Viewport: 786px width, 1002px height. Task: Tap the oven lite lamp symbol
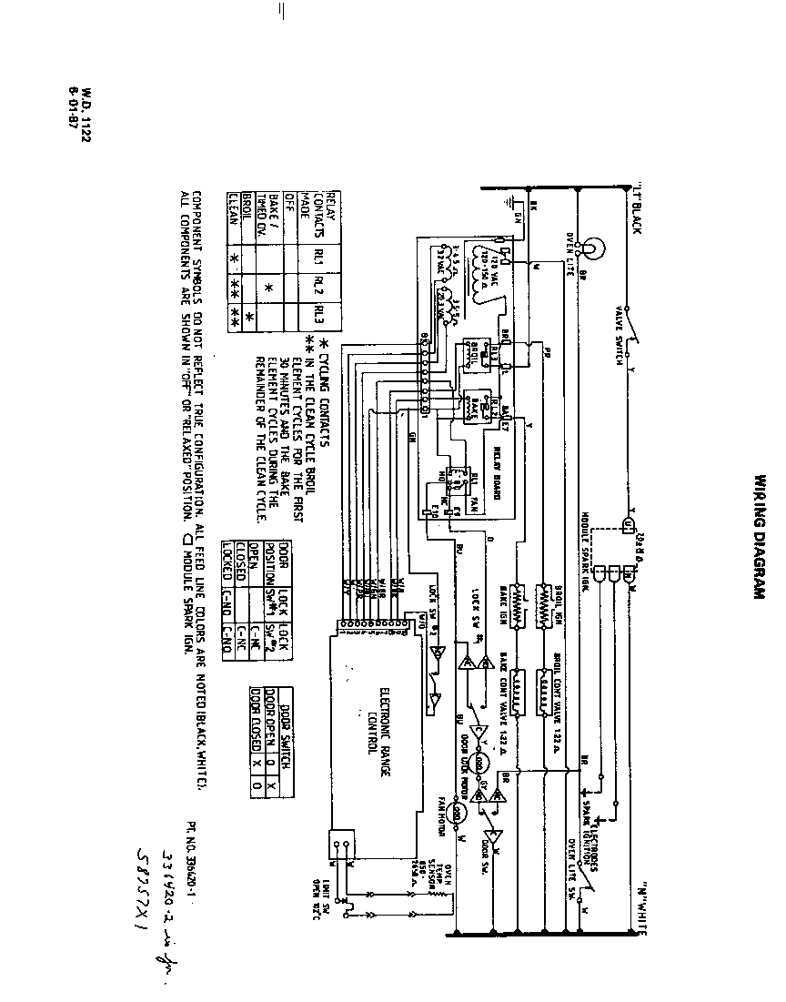[x=590, y=248]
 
